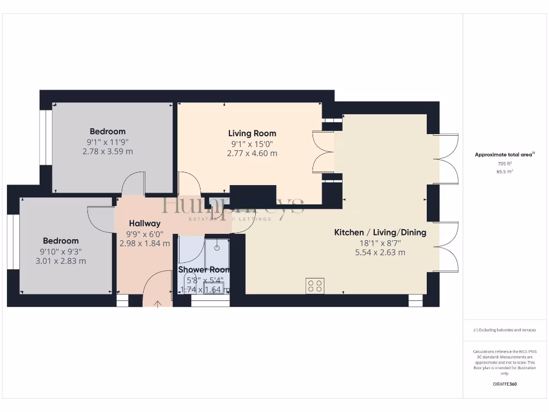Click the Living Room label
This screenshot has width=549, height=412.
coord(252,133)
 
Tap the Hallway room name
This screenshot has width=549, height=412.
coord(144,223)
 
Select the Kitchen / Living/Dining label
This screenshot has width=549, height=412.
coord(380,232)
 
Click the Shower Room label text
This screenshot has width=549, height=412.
coord(204,269)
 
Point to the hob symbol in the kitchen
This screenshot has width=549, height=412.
coord(315,286)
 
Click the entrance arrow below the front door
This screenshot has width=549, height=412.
coord(158,305)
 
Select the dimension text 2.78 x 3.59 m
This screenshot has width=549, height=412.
coord(108,152)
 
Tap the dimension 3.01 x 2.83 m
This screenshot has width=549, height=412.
coord(61,261)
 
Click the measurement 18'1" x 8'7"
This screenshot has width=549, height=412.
coord(380,242)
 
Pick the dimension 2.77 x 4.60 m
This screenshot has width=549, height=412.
coord(252,153)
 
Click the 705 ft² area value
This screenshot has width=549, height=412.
coord(505,164)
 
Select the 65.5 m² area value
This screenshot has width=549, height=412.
coord(505,172)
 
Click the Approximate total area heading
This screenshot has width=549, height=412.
coord(504,154)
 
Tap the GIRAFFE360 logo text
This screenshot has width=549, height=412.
coord(505,384)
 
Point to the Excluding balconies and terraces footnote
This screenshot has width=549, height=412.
coord(505,330)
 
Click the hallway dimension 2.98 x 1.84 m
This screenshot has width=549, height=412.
coord(144,244)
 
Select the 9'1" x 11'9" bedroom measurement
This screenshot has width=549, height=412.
coord(108,142)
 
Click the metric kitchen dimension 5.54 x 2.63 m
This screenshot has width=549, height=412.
coord(380,252)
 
